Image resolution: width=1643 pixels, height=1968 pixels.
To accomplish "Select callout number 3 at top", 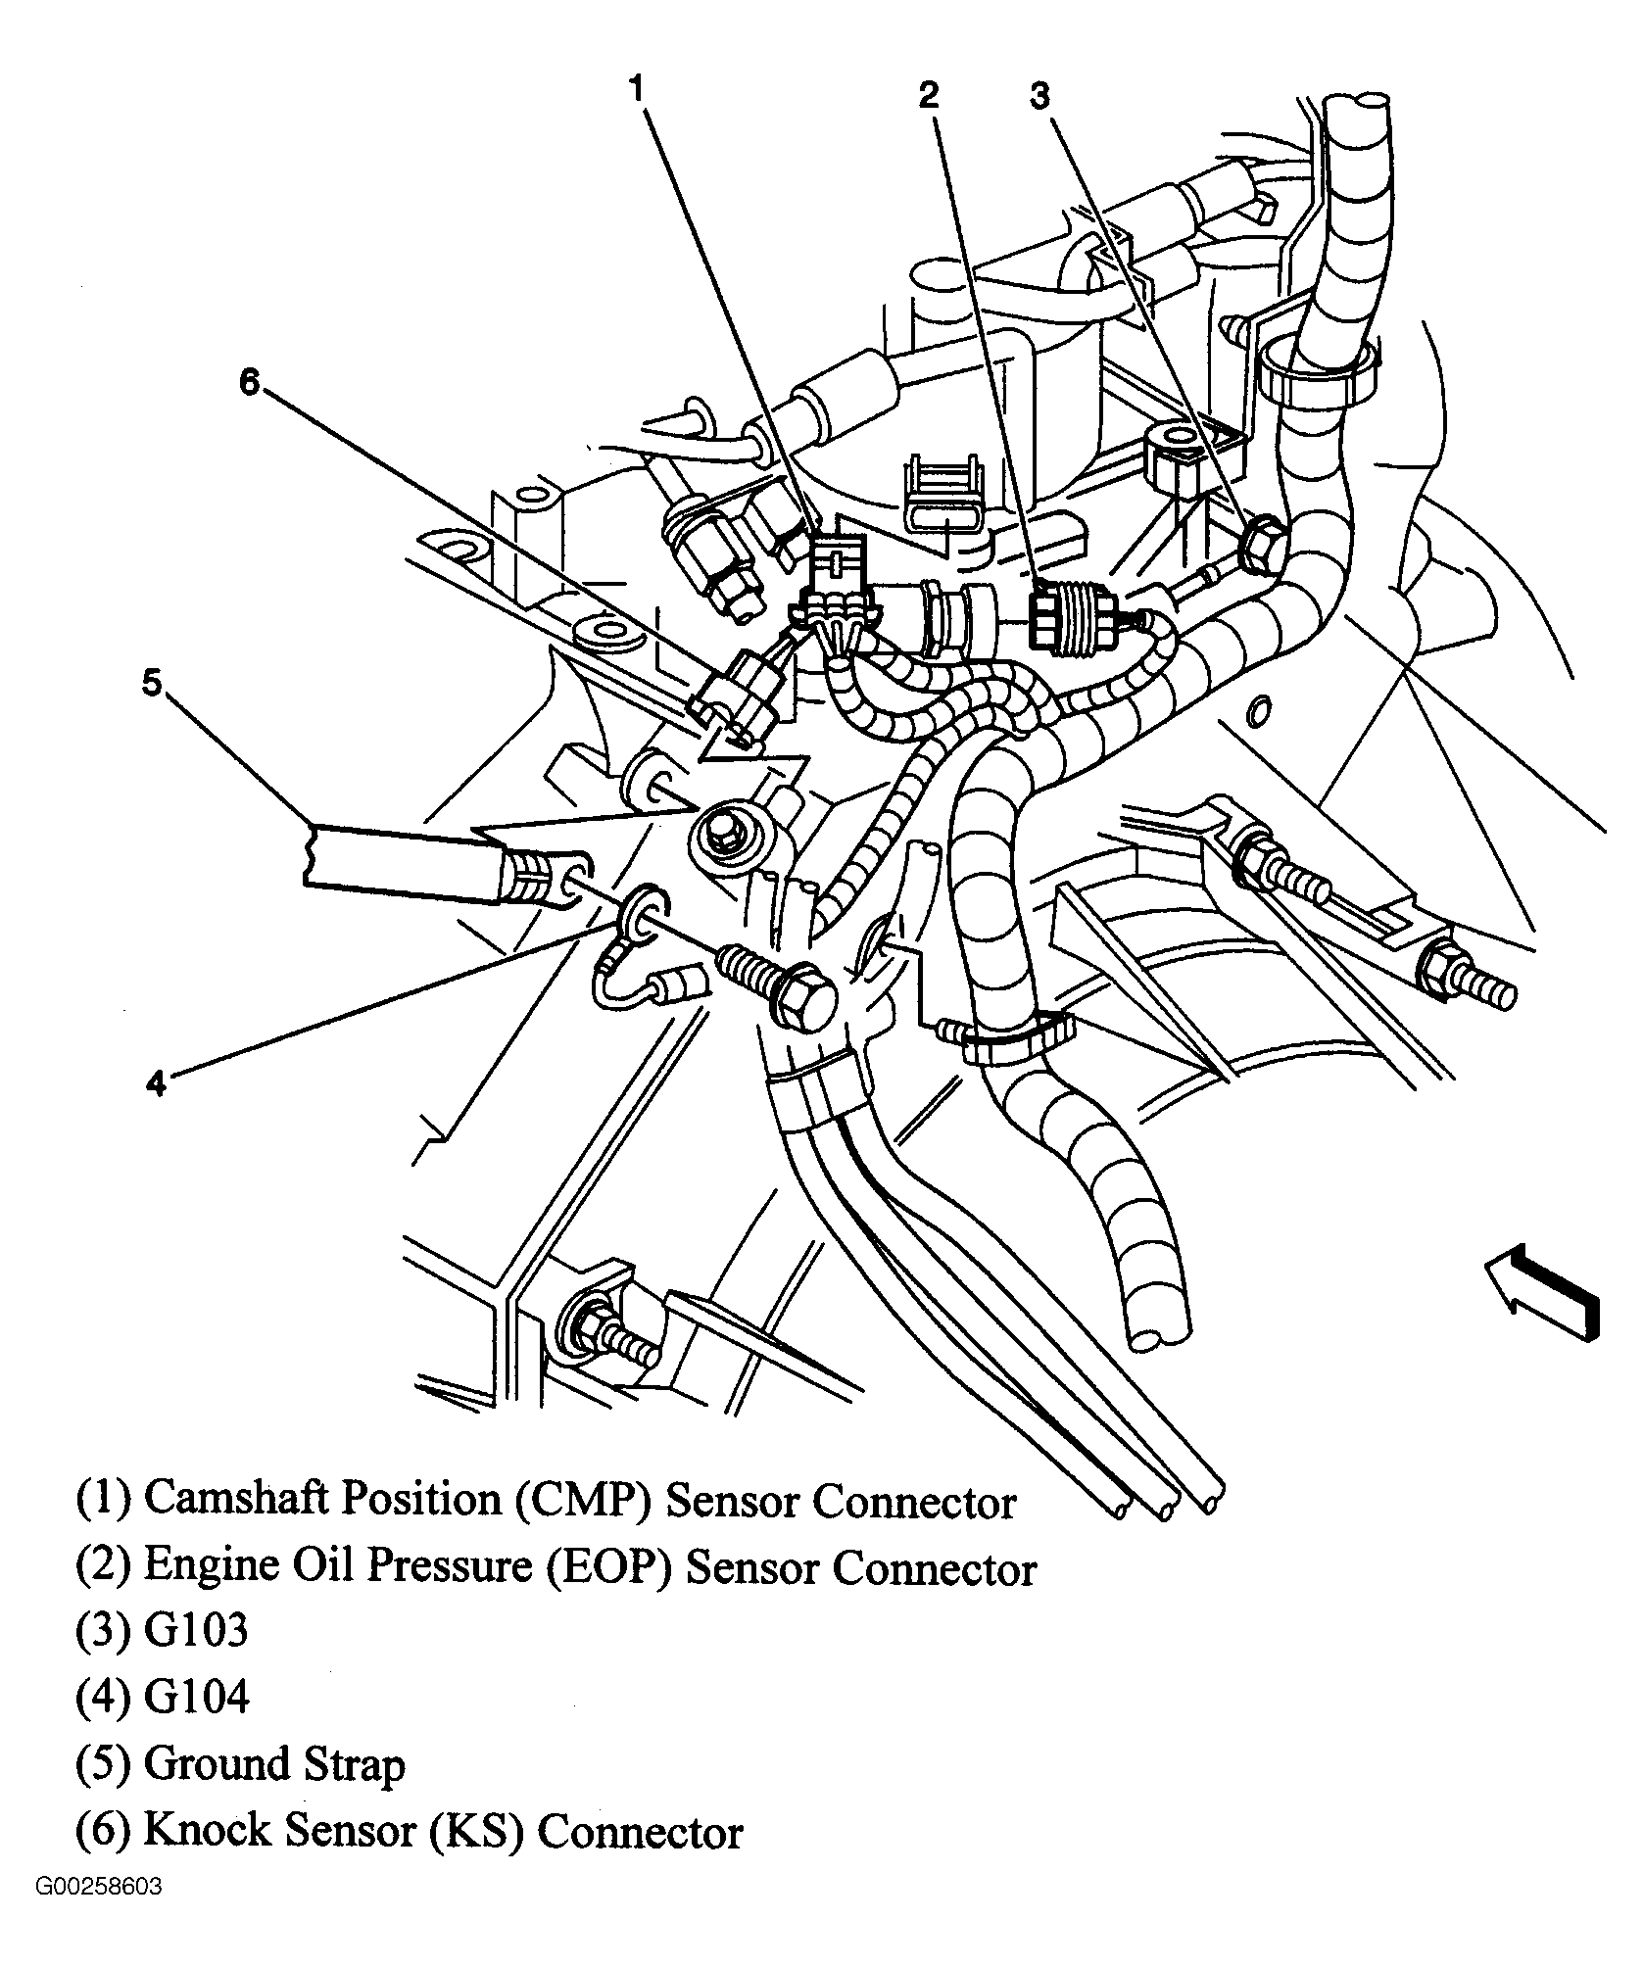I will pos(1039,95).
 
